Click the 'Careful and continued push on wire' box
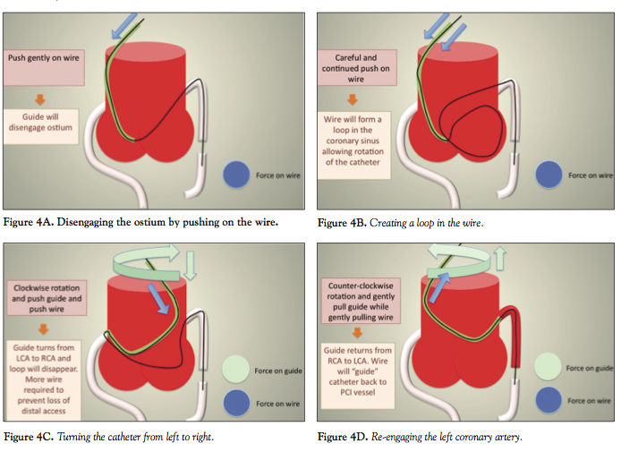tap(355, 66)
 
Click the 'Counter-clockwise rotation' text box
tap(355, 299)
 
